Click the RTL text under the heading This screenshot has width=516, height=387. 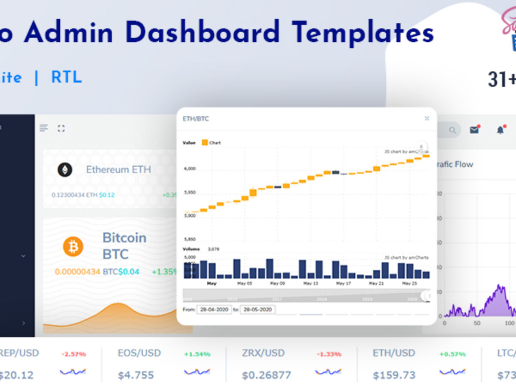tap(66, 77)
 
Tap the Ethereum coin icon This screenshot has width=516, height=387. tap(65, 170)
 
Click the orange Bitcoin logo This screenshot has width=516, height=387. tap(73, 246)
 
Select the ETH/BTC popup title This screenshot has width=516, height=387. tap(196, 119)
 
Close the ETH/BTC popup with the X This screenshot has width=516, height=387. tap(427, 118)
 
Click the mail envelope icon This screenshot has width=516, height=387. tap(474, 130)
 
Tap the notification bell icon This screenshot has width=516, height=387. tap(500, 130)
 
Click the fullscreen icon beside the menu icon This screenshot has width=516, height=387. tap(61, 128)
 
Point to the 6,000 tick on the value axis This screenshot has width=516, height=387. tap(190, 169)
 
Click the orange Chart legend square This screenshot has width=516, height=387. tap(205, 142)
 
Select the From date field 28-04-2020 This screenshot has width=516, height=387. tap(214, 310)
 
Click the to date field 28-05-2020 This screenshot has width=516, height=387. tap(258, 310)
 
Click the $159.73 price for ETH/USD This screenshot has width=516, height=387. tap(394, 375)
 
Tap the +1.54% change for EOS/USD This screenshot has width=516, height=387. tap(197, 354)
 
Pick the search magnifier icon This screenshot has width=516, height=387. tap(452, 130)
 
